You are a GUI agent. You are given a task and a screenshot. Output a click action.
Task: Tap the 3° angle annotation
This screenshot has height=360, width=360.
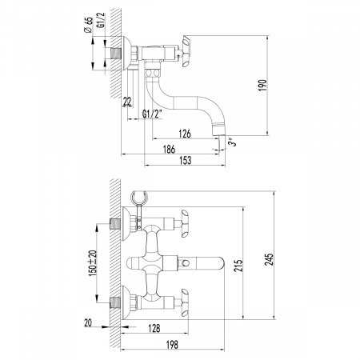[233, 142]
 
